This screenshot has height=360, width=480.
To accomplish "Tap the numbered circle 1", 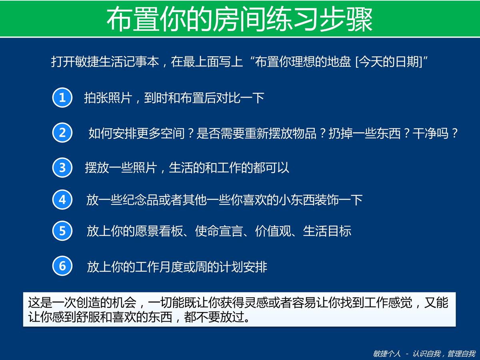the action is click(62, 98).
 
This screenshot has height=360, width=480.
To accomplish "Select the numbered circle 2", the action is click(62, 133).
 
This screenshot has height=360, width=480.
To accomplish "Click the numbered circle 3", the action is click(62, 168).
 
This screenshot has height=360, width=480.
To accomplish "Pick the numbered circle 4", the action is click(62, 200).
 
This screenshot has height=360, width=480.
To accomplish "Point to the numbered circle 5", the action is click(62, 231).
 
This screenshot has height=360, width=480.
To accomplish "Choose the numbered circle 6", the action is click(62, 266).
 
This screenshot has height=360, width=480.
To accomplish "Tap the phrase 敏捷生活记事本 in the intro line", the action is click(117, 62).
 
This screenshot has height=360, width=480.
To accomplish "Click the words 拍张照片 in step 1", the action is click(108, 98).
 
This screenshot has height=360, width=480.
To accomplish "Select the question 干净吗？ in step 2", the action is click(435, 133).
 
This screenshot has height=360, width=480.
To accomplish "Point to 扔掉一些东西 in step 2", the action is click(364, 133).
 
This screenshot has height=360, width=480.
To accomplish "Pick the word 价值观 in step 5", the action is click(273, 231).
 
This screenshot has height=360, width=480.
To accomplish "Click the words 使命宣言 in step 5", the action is click(219, 231).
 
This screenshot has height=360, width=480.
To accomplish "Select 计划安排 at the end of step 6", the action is click(243, 267).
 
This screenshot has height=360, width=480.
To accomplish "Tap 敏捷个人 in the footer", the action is click(387, 354).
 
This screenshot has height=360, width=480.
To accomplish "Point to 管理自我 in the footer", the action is click(462, 354).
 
